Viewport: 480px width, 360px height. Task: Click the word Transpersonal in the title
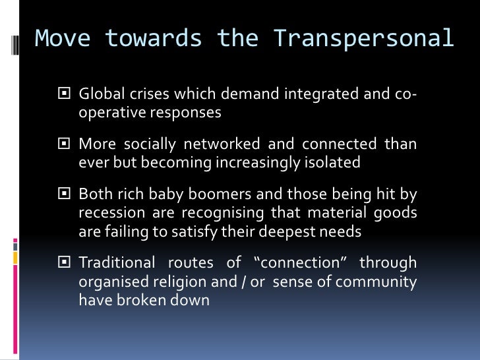(x=364, y=39)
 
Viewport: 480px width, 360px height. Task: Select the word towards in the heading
(x=155, y=39)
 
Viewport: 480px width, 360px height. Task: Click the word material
(x=330, y=212)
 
